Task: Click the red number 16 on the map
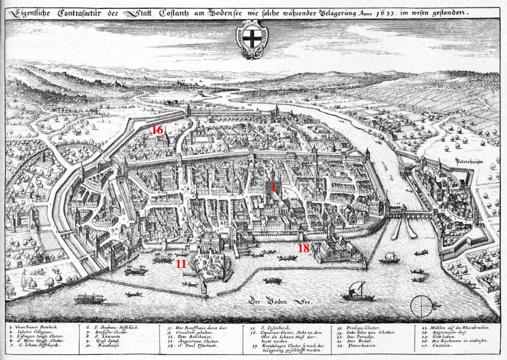coord(158,130)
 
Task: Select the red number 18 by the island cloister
coord(304,248)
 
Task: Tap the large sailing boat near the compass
coord(358,291)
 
